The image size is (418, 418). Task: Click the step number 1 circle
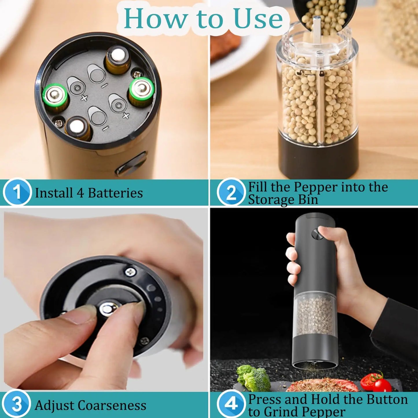17,192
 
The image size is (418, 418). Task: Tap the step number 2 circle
231,192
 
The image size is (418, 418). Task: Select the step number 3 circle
17,404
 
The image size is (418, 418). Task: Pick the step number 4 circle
231,404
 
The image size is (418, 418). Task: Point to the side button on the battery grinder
132,165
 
